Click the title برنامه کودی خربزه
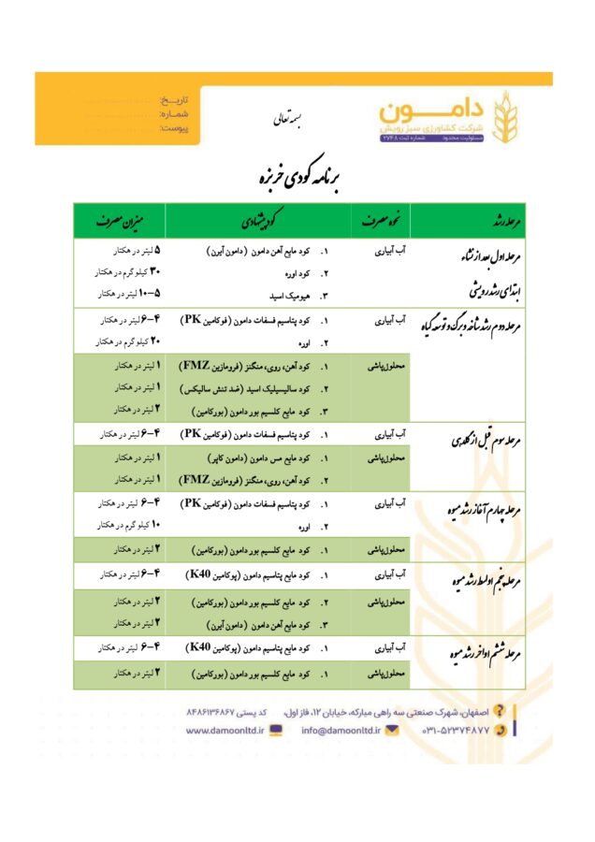(x=297, y=176)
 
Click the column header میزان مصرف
(x=119, y=221)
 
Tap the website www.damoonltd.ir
(x=225, y=730)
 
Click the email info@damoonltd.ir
(x=334, y=730)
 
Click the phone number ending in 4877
(x=458, y=730)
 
